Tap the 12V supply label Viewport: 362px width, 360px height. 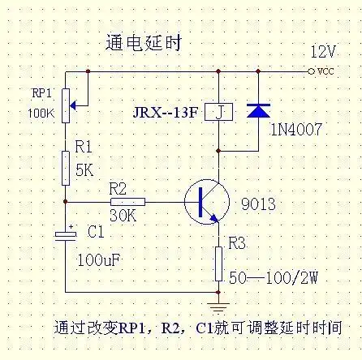click(322, 51)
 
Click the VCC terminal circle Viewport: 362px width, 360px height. click(311, 71)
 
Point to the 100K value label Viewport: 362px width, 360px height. click(40, 114)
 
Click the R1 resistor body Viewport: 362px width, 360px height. click(66, 166)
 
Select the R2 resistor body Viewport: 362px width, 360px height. click(127, 201)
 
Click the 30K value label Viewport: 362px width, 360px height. click(121, 216)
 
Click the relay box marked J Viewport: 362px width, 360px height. click(218, 111)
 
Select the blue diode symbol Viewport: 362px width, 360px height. click(258, 109)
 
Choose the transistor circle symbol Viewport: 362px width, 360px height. click(205, 201)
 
